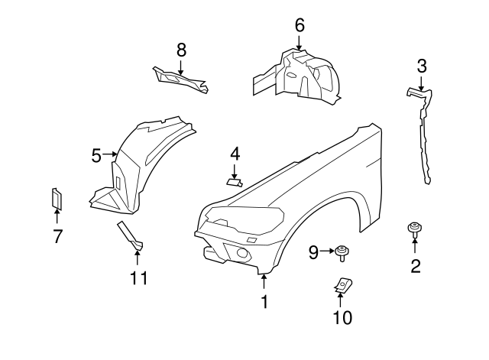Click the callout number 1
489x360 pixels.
(264, 302)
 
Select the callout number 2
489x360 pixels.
(416, 267)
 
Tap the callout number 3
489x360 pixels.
(422, 66)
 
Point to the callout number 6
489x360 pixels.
(300, 25)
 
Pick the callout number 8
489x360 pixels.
(181, 50)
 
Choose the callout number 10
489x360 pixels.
(341, 316)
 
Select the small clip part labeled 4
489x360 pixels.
(235, 181)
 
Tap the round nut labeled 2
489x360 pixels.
(415, 228)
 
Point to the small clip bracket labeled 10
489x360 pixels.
(341, 286)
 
